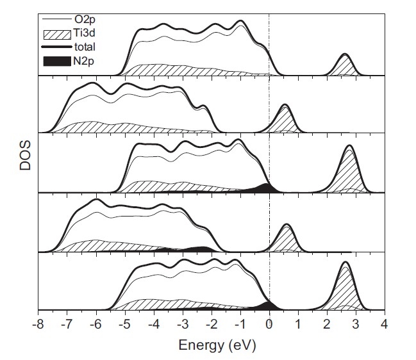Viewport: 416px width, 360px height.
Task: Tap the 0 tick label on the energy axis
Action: click(269, 324)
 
